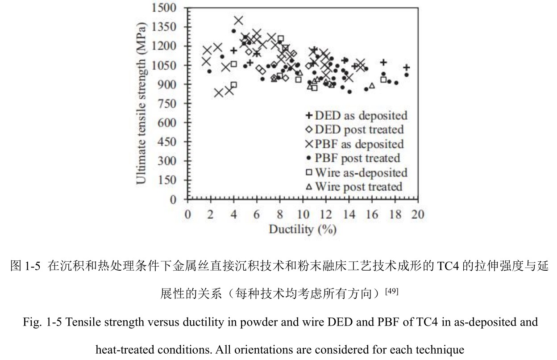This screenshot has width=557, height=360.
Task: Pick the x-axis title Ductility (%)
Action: coord(302,230)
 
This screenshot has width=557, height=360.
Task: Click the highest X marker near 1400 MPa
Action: coord(238,20)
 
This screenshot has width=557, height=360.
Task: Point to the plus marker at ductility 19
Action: coord(406,67)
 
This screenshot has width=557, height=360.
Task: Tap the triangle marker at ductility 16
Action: coord(372,86)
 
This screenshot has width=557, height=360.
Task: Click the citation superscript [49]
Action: coord(392,291)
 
